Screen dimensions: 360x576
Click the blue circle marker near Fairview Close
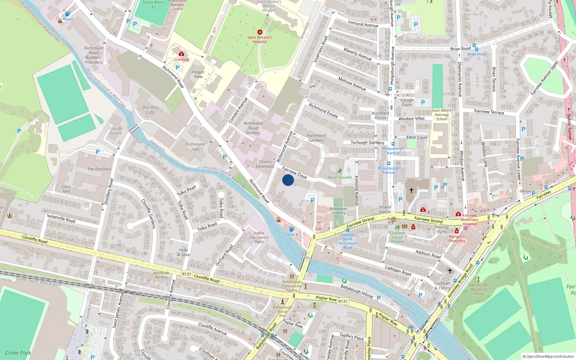pyautogui.click(x=288, y=180)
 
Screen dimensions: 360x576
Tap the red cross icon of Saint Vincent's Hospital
pyautogui.click(x=260, y=32)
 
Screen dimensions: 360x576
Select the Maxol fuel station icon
pyautogui.click(x=67, y=14)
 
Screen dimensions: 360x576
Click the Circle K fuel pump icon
pyautogui.click(x=292, y=229)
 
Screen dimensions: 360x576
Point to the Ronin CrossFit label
pyautogui.click(x=339, y=177)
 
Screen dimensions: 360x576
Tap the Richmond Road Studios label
pyautogui.click(x=253, y=128)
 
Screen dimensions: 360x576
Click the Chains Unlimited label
pyautogui.click(x=265, y=164)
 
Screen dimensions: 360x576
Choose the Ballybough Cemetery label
pyautogui.click(x=338, y=211)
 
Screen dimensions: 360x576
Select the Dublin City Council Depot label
pyautogui.click(x=259, y=237)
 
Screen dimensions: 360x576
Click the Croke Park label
pyautogui.click(x=18, y=353)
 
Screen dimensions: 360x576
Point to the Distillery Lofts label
pyautogui.click(x=150, y=110)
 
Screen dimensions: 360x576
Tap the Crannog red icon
pyautogui.click(x=181, y=54)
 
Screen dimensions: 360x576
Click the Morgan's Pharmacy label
pyautogui.click(x=457, y=239)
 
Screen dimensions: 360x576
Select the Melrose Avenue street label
pyautogui.click(x=352, y=84)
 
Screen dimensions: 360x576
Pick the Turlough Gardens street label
pyautogui.click(x=367, y=143)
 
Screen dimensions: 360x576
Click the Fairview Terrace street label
pyautogui.click(x=489, y=112)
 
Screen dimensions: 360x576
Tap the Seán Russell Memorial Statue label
pyautogui.click(x=478, y=289)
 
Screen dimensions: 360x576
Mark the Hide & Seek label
pyautogui.click(x=184, y=252)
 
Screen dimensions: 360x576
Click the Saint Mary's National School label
pyautogui.click(x=441, y=115)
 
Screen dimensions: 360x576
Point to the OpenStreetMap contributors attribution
pyautogui.click(x=548, y=356)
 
